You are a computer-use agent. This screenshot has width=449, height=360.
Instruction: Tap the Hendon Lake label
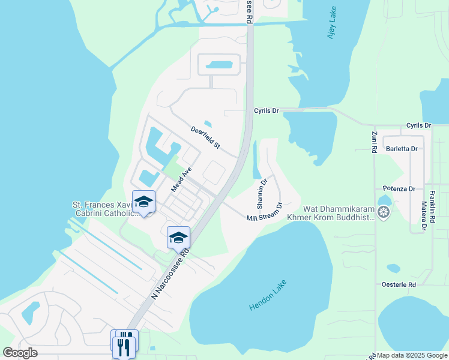pos(268,295)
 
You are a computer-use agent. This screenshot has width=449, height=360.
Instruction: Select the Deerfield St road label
pos(206,137)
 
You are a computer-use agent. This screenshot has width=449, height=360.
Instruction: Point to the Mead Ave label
pos(181,179)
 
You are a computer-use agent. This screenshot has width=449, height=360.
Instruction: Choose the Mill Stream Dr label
pos(264,214)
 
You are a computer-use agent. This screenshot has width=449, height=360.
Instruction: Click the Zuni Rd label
pos(373,142)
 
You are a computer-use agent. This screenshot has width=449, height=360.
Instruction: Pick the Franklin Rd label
pos(432,207)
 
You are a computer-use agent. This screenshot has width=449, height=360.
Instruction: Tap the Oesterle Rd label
pos(399,284)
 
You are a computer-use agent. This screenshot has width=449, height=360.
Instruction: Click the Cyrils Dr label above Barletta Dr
pos(418,125)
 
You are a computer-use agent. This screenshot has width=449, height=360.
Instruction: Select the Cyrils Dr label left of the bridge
pos(267,111)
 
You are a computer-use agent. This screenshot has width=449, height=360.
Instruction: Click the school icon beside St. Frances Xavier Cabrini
pos(144,202)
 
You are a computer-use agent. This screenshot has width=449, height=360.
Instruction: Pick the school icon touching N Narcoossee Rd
pos(178,238)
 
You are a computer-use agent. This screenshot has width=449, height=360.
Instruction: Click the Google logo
pos(20,353)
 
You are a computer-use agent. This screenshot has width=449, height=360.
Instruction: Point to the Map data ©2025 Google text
pos(412,355)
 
